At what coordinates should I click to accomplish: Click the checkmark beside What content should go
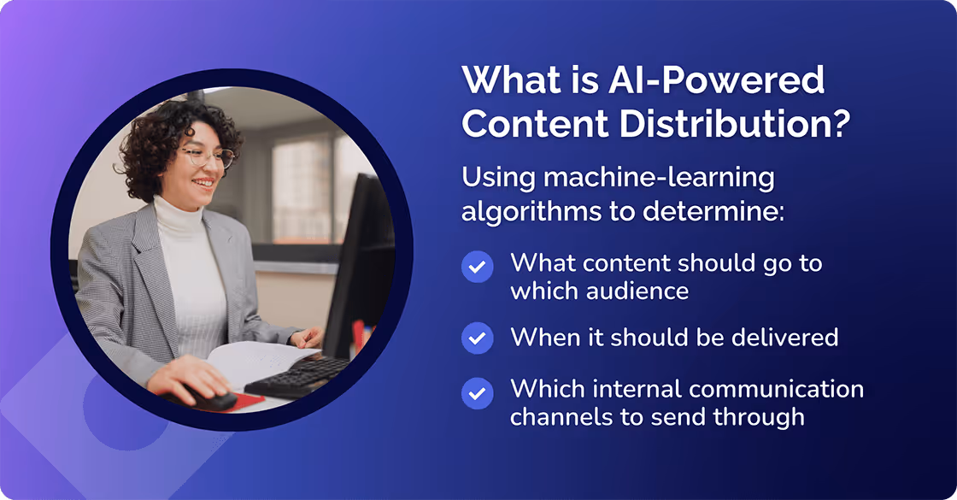478,267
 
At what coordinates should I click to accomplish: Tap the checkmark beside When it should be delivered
478,338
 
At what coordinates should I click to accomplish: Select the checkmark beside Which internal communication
478,394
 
